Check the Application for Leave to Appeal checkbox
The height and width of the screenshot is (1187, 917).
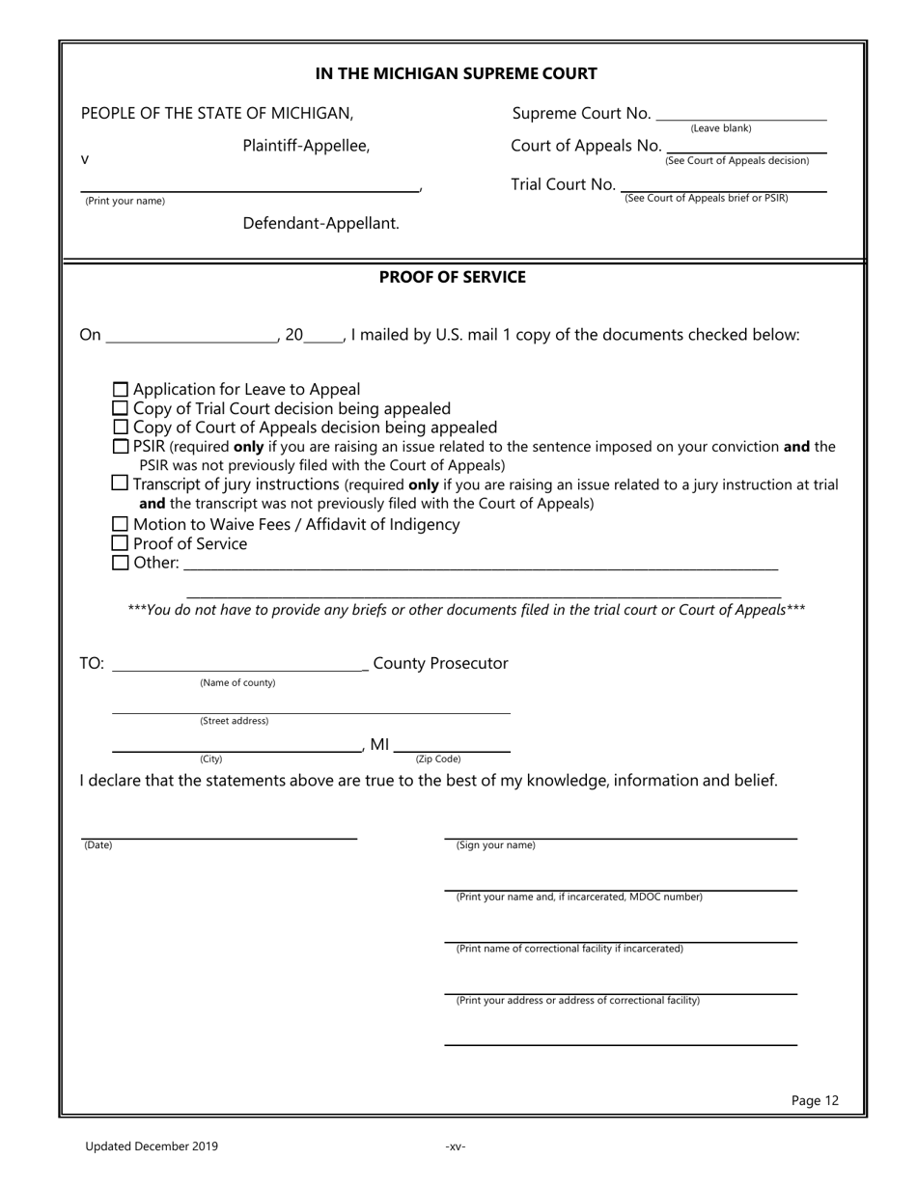click(121, 390)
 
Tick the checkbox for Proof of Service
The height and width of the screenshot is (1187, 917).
click(121, 544)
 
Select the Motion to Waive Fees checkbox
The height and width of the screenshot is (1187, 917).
click(121, 525)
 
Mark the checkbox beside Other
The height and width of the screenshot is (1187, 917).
click(121, 563)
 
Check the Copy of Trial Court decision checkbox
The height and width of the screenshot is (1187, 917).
click(121, 408)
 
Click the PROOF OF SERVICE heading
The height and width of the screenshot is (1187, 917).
click(453, 278)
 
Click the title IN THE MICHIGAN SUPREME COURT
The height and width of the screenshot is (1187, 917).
click(457, 73)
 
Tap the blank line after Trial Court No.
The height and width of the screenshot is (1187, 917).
click(724, 187)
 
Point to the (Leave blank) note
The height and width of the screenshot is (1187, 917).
click(720, 128)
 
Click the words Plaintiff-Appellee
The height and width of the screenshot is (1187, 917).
click(306, 147)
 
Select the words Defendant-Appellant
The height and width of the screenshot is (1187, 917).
click(320, 224)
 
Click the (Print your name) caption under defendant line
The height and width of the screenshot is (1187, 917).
click(125, 201)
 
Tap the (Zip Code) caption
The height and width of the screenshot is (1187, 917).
click(438, 759)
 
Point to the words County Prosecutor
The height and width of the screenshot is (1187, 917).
click(440, 663)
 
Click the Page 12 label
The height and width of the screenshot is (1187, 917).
click(815, 1100)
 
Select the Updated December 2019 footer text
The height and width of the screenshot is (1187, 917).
click(152, 1146)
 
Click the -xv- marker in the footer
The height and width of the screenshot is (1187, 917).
click(456, 1146)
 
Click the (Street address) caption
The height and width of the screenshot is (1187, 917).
click(234, 721)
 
